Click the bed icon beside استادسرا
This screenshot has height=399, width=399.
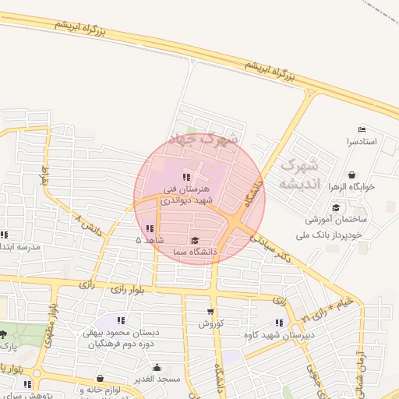pos(361,129)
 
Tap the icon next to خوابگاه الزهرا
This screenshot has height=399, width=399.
pos(353,175)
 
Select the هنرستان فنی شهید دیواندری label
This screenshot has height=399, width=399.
pos(186,194)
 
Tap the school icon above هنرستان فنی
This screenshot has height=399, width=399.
pos(185,177)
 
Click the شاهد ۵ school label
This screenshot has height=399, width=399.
pos(150,241)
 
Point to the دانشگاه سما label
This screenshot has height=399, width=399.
pos(193,252)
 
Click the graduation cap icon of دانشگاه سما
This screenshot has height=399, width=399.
pos(194,240)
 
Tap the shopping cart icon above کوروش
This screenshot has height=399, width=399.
pos(210,311)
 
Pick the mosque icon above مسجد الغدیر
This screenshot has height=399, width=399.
pos(157,367)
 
